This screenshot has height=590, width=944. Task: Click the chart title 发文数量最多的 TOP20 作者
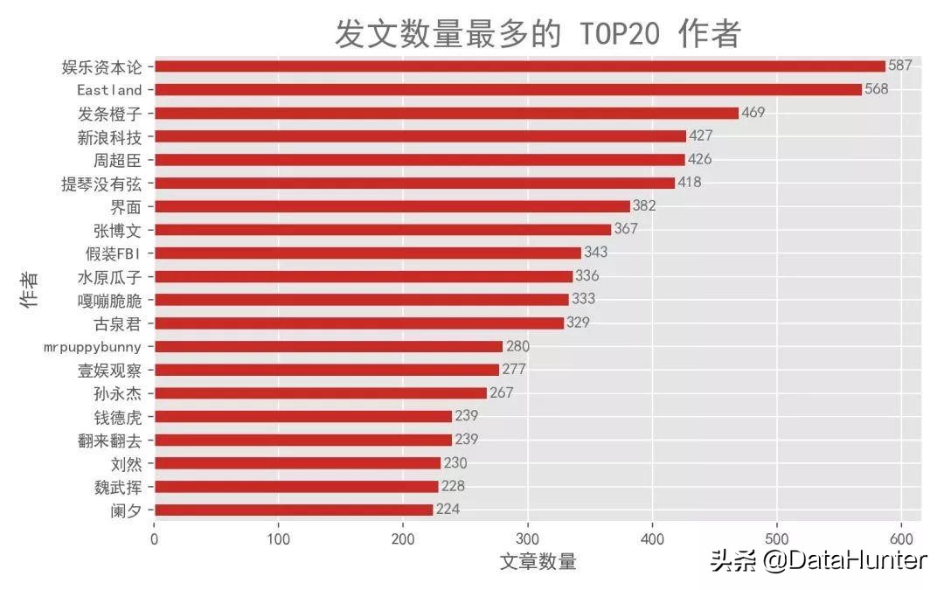click(x=538, y=34)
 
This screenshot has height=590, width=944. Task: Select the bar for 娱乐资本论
click(x=520, y=66)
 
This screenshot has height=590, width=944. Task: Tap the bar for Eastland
click(x=508, y=90)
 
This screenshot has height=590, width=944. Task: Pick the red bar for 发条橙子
click(x=447, y=113)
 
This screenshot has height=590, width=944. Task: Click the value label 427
click(x=701, y=136)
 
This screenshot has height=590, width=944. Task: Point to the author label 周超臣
click(x=117, y=160)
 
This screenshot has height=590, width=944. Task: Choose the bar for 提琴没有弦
click(x=415, y=183)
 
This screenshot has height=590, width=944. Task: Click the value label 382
click(x=644, y=206)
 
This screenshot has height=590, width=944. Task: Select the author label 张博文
click(x=117, y=230)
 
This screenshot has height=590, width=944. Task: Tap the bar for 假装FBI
click(x=368, y=253)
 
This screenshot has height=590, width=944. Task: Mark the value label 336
click(x=587, y=276)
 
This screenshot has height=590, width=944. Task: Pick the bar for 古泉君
click(x=359, y=323)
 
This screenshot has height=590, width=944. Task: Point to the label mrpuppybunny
click(x=93, y=347)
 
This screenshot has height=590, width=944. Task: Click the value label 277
click(x=514, y=370)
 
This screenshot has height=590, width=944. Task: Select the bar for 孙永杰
click(x=321, y=393)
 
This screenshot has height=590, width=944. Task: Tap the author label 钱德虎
click(x=117, y=417)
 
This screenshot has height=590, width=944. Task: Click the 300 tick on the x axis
click(x=528, y=539)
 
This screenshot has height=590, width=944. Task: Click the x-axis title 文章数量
click(x=538, y=562)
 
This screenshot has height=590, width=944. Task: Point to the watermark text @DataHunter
click(x=844, y=560)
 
